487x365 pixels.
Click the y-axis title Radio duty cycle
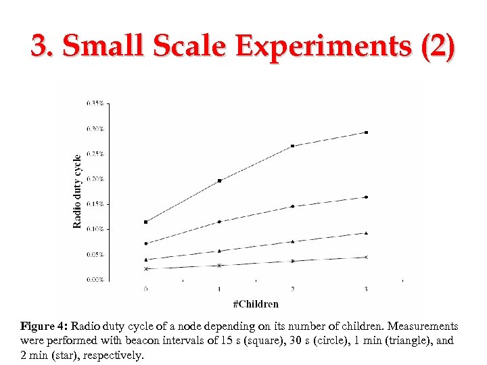point(77,191)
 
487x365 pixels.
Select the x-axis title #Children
point(256,304)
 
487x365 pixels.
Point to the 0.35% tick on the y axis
point(95,103)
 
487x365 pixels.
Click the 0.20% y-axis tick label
point(95,179)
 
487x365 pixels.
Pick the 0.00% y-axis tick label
point(95,279)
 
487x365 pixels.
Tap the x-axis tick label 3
point(366,289)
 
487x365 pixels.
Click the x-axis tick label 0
point(146,289)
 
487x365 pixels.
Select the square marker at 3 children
point(366,132)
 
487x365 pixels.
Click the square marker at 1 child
point(219,180)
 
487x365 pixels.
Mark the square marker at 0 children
point(146,222)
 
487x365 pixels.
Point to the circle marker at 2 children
point(292,206)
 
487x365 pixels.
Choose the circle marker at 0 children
point(146,243)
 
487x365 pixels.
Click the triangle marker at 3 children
point(366,233)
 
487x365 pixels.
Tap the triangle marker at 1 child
point(219,251)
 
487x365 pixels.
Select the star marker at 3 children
point(366,257)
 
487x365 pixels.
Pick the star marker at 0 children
point(146,268)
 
